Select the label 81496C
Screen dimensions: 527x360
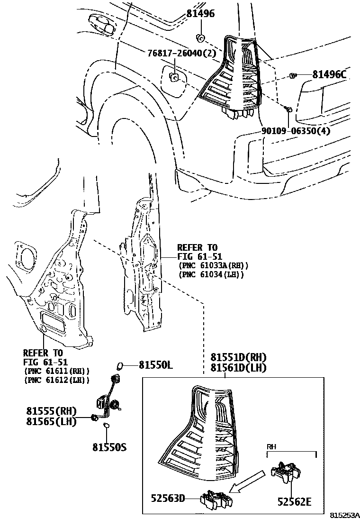tap(329, 74)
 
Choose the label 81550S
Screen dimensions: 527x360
tap(109, 447)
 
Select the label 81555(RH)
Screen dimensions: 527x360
tap(51, 411)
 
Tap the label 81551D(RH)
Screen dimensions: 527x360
tap(239, 357)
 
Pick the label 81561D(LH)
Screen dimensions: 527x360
tap(239, 367)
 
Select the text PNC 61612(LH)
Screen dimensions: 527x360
tap(57, 380)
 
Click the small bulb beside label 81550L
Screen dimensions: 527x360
tap(120, 365)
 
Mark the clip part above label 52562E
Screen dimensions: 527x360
tap(286, 472)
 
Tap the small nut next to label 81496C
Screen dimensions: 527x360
tap(293, 75)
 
